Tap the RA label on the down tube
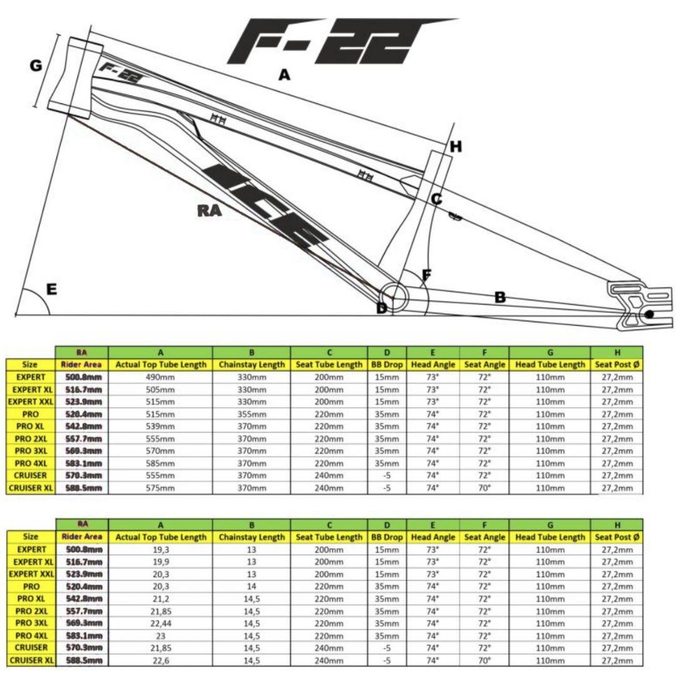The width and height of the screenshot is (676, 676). pyautogui.click(x=208, y=211)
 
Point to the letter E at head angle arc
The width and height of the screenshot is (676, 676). pyautogui.click(x=51, y=289)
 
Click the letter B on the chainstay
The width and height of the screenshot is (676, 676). pyautogui.click(x=499, y=297)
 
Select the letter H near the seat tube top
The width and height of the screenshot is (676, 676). pyautogui.click(x=456, y=147)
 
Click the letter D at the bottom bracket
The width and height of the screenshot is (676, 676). pyautogui.click(x=381, y=308)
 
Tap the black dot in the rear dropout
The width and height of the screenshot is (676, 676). pyautogui.click(x=648, y=314)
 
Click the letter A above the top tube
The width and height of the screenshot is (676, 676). pyautogui.click(x=284, y=75)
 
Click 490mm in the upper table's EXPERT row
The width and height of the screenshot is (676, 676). pyautogui.click(x=161, y=377)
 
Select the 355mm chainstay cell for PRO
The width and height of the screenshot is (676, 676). pyautogui.click(x=251, y=414)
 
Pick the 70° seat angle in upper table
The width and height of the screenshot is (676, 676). pyautogui.click(x=484, y=488)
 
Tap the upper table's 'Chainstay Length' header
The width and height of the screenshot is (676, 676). pyautogui.click(x=251, y=364)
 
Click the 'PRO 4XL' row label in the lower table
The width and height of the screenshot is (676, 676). pyautogui.click(x=31, y=635)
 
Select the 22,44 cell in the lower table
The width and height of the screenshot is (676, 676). pyautogui.click(x=161, y=623)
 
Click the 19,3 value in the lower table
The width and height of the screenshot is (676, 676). pyautogui.click(x=161, y=550)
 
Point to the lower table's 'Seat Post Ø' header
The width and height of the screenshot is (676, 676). pyautogui.click(x=617, y=537)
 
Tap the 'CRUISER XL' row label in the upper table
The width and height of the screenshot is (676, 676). pyautogui.click(x=31, y=488)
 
